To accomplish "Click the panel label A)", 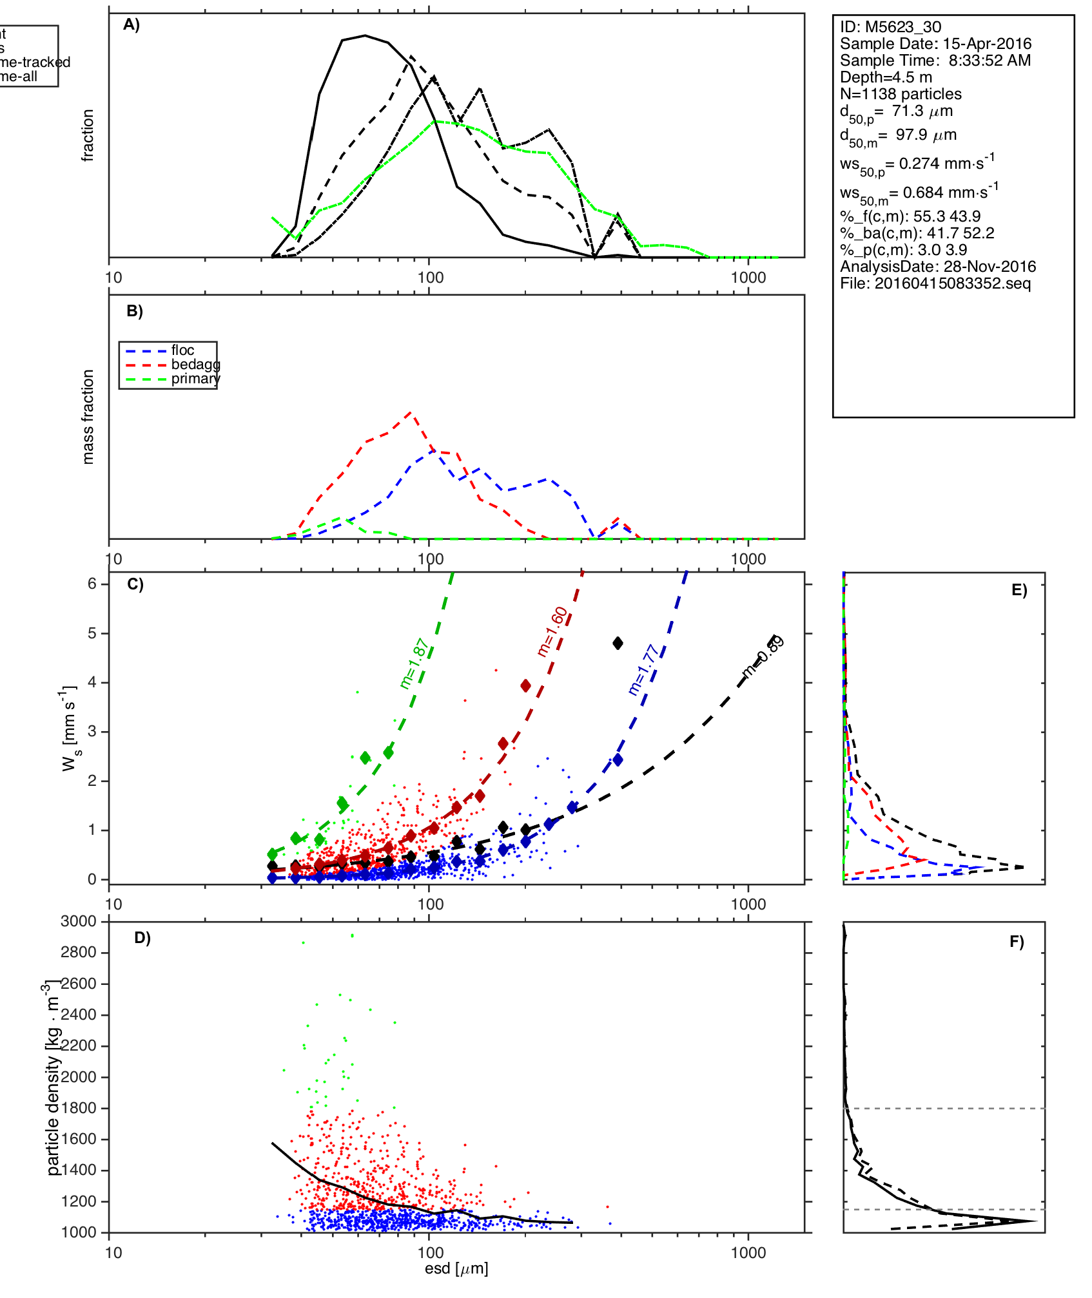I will pos(132,24).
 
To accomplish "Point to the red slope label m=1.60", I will pos(552,631).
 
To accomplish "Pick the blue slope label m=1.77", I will pos(643,670).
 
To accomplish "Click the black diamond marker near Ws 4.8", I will pos(618,643).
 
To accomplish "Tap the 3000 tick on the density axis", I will pos(79,921).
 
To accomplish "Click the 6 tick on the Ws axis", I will pos(92,584).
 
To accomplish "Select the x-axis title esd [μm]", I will pos(456,1268).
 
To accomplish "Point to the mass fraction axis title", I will pos(88,417).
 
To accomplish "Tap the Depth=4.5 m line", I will pos(886,77).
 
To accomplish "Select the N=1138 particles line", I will pos(901,94).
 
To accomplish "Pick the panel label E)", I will pos(1019,590).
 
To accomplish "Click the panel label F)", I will pos(1017,942).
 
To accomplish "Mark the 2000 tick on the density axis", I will pos(79,1077).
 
